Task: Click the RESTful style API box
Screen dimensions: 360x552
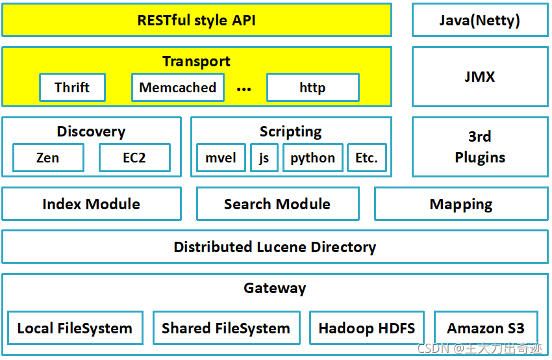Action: coord(196,20)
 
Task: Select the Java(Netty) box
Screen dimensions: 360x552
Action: coord(479,20)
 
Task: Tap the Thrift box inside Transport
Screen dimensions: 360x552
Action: coord(72,88)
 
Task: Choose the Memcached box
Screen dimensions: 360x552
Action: coord(178,88)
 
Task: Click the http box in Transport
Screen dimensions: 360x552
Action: coord(312,88)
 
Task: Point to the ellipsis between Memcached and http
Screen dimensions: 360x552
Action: coord(244,89)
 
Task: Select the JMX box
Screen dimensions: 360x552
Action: coord(479,77)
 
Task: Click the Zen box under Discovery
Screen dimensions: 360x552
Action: coord(48,158)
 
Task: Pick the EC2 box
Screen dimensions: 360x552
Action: coord(134,158)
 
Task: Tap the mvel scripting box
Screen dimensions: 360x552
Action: coord(221,158)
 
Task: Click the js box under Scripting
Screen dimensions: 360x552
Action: coord(264,158)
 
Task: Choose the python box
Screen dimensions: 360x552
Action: coord(312,158)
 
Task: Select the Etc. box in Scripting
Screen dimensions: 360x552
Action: coord(366,158)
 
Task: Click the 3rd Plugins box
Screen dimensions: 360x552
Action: coord(479,147)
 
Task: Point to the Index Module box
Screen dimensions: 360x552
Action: coord(92,204)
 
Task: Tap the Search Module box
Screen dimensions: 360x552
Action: coord(277,204)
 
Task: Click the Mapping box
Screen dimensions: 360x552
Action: coord(461,205)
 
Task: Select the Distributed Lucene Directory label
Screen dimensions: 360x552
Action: coord(275,247)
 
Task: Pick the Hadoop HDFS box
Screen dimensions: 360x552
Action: coord(366,328)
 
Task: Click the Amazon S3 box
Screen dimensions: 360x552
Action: coord(485,328)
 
